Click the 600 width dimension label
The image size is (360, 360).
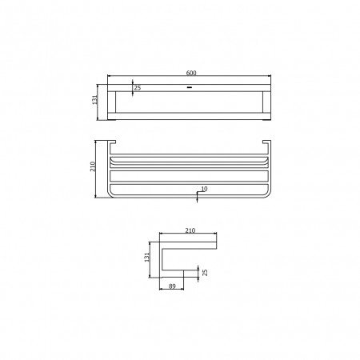pos(191,73)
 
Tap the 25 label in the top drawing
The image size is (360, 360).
pos(138,88)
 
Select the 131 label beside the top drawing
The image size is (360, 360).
pos(95,100)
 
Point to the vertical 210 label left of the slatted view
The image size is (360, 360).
pos(93,166)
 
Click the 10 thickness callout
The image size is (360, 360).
pos(204,189)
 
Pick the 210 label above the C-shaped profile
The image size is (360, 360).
pos(190,230)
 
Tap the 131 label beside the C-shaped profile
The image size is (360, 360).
pos(147,258)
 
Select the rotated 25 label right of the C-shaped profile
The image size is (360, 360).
pos(205,273)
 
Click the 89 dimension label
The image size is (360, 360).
pos(172,286)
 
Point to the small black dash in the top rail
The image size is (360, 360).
pos(190,87)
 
